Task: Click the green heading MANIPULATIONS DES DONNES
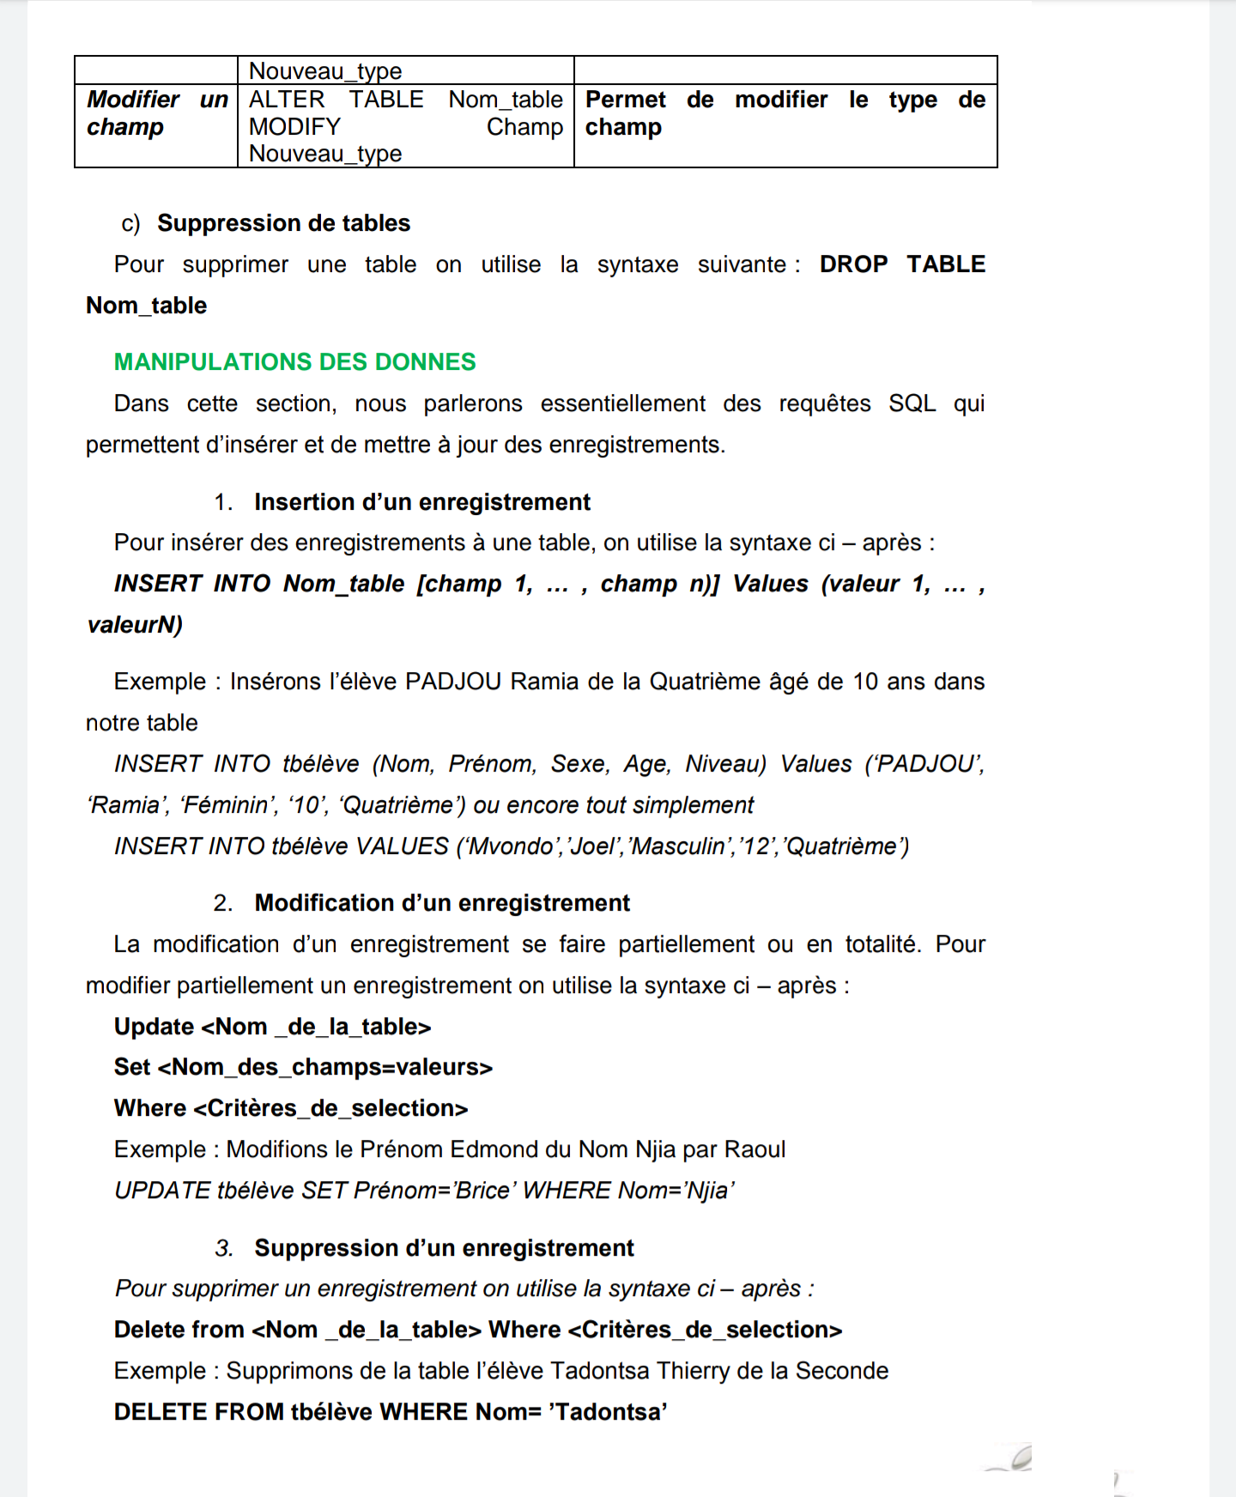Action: tap(294, 362)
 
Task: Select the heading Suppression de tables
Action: tap(283, 223)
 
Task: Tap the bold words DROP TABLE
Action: tap(901, 264)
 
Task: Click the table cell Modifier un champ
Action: tap(157, 113)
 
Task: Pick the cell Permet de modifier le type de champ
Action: tap(785, 113)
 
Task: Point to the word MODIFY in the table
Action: tap(294, 127)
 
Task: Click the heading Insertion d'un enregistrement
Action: tap(421, 502)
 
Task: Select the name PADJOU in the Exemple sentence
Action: tap(452, 682)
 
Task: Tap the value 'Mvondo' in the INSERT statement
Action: tap(510, 846)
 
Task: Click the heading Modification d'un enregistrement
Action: tap(442, 903)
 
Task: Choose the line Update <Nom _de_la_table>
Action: tap(272, 1027)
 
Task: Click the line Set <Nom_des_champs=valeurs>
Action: tap(303, 1067)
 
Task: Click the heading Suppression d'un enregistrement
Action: tap(444, 1248)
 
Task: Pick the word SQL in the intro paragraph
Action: tap(912, 403)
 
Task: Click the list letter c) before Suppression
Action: tap(130, 223)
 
